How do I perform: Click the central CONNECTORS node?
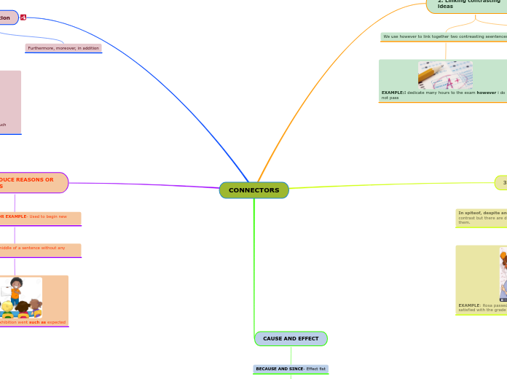[253, 190]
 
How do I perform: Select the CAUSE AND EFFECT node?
[291, 339]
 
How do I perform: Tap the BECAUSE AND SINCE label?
[280, 369]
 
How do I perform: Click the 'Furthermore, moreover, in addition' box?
[63, 48]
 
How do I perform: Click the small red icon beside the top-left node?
[23, 17]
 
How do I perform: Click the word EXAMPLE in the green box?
[392, 93]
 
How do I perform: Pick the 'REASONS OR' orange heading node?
[29, 182]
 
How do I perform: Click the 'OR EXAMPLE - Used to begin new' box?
[36, 216]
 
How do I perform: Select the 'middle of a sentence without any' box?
[36, 248]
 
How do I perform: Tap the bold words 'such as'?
[37, 321]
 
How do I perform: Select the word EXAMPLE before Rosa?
[469, 305]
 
